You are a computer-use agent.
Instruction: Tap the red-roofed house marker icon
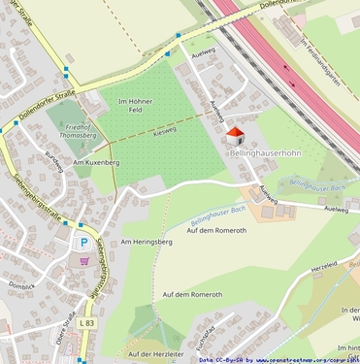[235, 136]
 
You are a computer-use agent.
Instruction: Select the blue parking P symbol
[83, 243]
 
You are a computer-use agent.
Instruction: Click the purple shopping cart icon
[84, 260]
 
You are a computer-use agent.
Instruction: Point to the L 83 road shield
[88, 322]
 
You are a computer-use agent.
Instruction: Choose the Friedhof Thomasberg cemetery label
[77, 132]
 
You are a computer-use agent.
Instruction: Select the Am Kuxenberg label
[96, 163]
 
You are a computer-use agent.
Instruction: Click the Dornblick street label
[21, 285]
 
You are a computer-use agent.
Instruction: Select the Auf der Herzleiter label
[155, 354]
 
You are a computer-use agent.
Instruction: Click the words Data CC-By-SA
[222, 359]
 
